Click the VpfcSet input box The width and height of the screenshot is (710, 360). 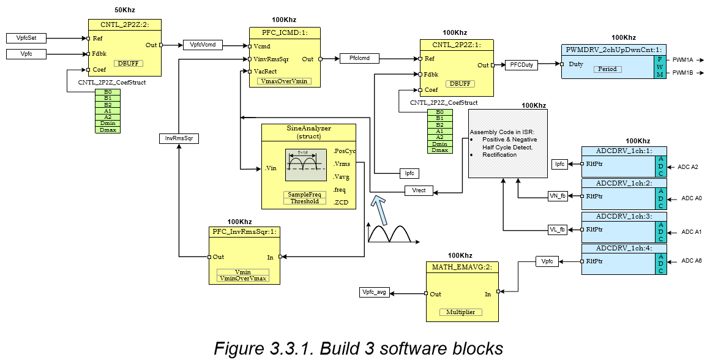[x=26, y=38]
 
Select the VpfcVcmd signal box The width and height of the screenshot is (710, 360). [x=203, y=45]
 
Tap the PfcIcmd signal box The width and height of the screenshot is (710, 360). [x=359, y=59]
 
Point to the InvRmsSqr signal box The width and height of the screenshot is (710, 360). [x=177, y=139]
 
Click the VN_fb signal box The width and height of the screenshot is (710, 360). [x=557, y=196]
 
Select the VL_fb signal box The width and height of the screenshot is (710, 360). [x=557, y=230]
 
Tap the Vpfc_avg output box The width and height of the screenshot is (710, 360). [x=375, y=293]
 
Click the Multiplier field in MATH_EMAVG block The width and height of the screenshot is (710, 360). [x=460, y=312]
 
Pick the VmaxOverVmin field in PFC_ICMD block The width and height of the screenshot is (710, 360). [x=284, y=81]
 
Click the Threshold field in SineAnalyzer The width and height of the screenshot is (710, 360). [x=304, y=201]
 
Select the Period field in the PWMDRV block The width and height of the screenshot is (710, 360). [x=607, y=69]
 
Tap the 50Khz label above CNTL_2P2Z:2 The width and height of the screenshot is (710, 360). [x=125, y=11]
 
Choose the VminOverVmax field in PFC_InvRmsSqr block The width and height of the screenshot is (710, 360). [x=243, y=278]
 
